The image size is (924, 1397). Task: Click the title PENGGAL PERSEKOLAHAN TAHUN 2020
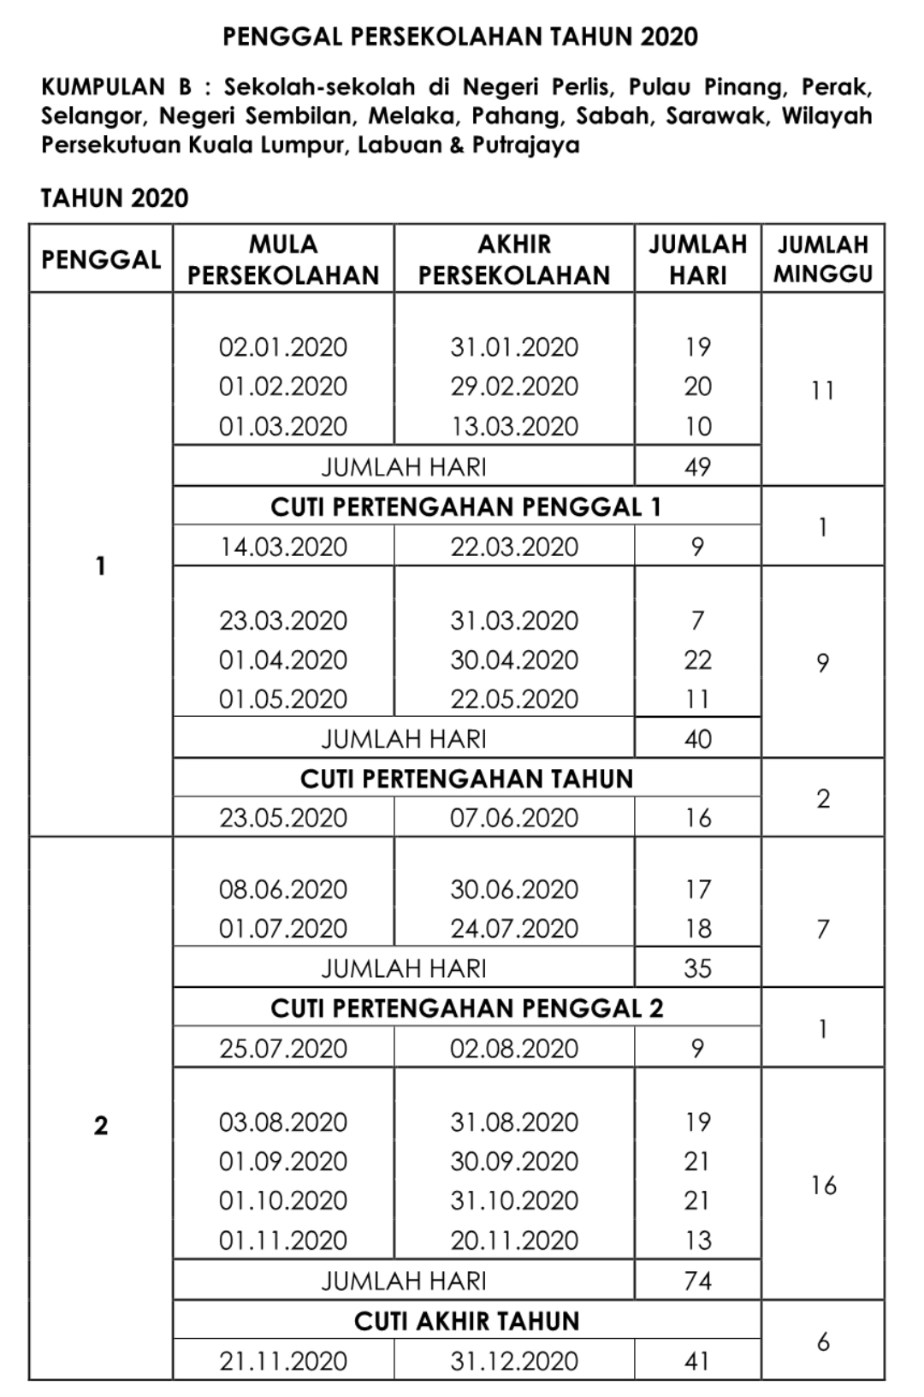click(460, 37)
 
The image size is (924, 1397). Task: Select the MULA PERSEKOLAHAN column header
click(283, 260)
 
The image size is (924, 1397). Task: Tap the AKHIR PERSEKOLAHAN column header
click(514, 260)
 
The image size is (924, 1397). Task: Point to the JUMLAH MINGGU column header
click(822, 259)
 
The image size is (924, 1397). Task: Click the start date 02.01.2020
click(283, 347)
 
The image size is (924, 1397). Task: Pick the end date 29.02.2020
click(514, 387)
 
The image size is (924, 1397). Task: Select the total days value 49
click(697, 467)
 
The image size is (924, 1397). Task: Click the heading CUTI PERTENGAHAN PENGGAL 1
click(466, 507)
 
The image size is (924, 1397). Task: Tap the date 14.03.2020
click(283, 548)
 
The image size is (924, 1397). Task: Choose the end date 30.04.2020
click(514, 660)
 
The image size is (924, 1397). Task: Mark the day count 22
click(697, 660)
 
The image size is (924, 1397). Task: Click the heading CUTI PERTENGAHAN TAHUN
click(466, 778)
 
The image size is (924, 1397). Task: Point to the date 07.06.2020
click(514, 819)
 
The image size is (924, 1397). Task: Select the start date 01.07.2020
click(283, 929)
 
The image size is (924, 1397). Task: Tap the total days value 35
click(697, 968)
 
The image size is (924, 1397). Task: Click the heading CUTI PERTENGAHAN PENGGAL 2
click(466, 1009)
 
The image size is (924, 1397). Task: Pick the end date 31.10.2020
click(514, 1201)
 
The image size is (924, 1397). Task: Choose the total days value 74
click(697, 1282)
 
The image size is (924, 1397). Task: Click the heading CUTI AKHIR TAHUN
click(466, 1322)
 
